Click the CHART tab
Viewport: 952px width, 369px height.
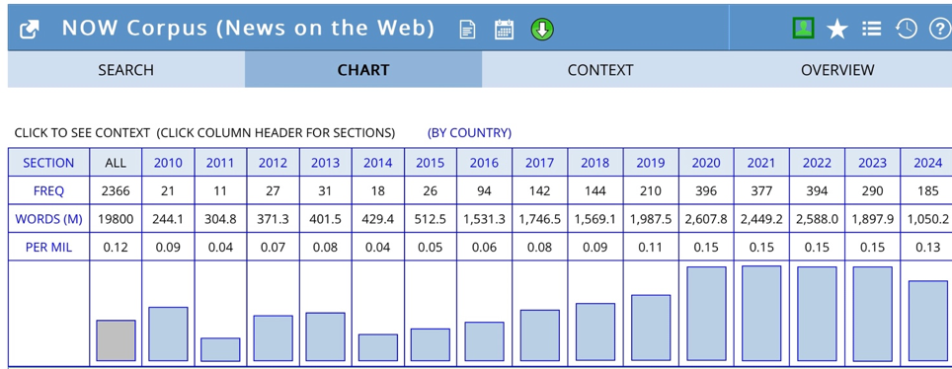pyautogui.click(x=363, y=70)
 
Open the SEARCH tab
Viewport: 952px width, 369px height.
pyautogui.click(x=126, y=70)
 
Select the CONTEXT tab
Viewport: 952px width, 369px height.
pyautogui.click(x=599, y=70)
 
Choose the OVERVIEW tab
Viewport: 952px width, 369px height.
pyautogui.click(x=837, y=70)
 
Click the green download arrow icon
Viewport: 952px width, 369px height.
pyautogui.click(x=542, y=29)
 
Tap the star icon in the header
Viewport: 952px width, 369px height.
pyautogui.click(x=837, y=29)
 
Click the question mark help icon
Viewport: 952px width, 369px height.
pyautogui.click(x=939, y=28)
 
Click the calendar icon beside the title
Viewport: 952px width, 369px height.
pyautogui.click(x=504, y=30)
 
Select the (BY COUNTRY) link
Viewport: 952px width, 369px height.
pyautogui.click(x=469, y=133)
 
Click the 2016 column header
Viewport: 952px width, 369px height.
pyautogui.click(x=484, y=163)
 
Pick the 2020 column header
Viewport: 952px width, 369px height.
pyautogui.click(x=706, y=163)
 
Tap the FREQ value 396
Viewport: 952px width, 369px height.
pyautogui.click(x=706, y=191)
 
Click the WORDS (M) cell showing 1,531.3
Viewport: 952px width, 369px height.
pyautogui.click(x=484, y=219)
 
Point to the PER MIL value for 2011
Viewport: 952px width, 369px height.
pyautogui.click(x=220, y=248)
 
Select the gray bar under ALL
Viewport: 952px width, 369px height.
pyautogui.click(x=116, y=340)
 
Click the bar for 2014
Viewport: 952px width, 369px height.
pyautogui.click(x=378, y=347)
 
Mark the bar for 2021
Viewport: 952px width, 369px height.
pyautogui.click(x=761, y=314)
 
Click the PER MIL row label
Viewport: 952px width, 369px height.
pyautogui.click(x=48, y=248)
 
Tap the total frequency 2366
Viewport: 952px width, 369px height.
pyautogui.click(x=116, y=191)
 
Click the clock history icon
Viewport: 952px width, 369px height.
pyautogui.click(x=906, y=29)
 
